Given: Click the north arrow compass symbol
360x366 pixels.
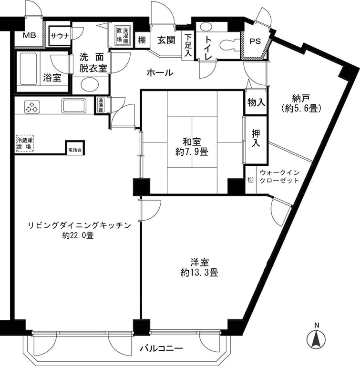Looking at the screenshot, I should pos(316,338).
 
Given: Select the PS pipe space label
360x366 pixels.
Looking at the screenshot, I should pos(255,41).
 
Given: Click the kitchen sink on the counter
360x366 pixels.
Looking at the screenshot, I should pos(73,105).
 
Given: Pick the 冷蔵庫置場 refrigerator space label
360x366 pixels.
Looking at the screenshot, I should pos(24,144).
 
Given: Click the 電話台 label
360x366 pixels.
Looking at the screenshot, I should pos(74,150).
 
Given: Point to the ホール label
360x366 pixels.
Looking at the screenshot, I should pos(160,73).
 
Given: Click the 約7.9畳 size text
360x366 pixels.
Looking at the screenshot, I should pos(191,152).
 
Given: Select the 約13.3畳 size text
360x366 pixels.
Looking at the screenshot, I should pos(199,273).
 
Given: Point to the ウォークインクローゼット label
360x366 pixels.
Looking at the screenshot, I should pos(279,176).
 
